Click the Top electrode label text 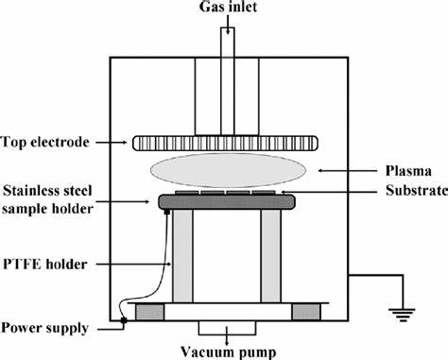[48, 143]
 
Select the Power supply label [47, 328]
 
